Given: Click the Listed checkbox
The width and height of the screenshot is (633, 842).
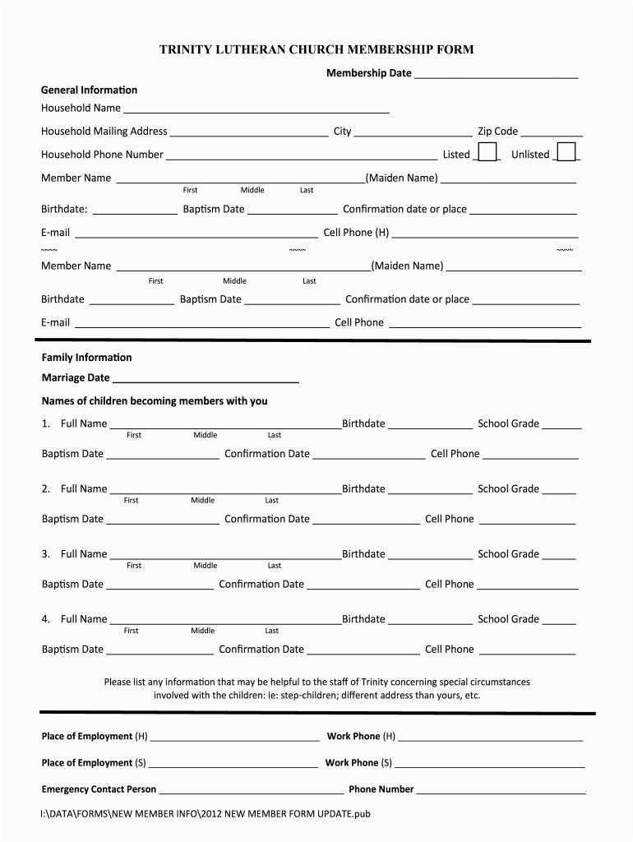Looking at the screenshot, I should [487, 152].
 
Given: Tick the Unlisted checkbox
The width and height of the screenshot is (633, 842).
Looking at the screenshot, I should [565, 152].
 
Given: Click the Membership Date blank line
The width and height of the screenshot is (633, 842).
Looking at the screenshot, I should [496, 76].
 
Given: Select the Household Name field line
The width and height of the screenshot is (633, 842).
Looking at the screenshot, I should [256, 110].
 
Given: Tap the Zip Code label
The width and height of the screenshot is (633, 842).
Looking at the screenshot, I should [497, 132].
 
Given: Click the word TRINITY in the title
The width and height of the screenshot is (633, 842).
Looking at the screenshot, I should [186, 50].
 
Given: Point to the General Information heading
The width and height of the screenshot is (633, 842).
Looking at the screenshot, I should [90, 90].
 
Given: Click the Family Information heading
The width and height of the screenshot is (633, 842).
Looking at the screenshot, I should [86, 358].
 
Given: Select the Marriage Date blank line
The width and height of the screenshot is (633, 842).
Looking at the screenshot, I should [205, 381].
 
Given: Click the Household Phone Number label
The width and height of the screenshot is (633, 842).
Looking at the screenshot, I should [102, 155].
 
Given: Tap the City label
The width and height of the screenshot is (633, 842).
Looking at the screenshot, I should [342, 132].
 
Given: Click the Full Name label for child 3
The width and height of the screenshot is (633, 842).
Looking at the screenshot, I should [84, 554].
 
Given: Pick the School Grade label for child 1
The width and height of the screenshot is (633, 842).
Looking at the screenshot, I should [508, 424].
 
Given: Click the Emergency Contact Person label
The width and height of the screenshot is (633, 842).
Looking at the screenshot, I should [99, 789].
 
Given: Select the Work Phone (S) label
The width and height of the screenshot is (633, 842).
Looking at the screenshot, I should [358, 763].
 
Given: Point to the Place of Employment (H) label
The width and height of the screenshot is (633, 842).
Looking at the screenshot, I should [95, 737].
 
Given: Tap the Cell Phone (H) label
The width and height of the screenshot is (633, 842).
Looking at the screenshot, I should [356, 233].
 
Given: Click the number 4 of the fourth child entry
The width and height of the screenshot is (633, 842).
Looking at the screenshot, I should [46, 619].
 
